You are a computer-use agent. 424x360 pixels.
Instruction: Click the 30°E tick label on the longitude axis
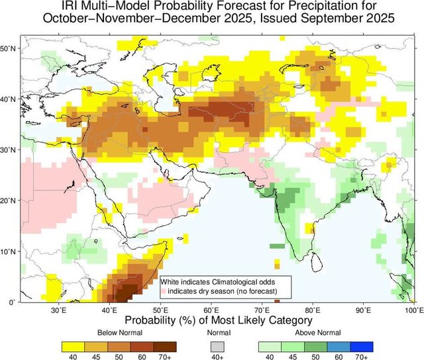59,310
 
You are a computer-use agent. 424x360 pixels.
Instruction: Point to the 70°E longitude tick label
262,310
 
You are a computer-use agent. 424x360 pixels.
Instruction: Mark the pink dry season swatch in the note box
163,291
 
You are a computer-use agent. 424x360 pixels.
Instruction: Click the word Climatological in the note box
237,282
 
